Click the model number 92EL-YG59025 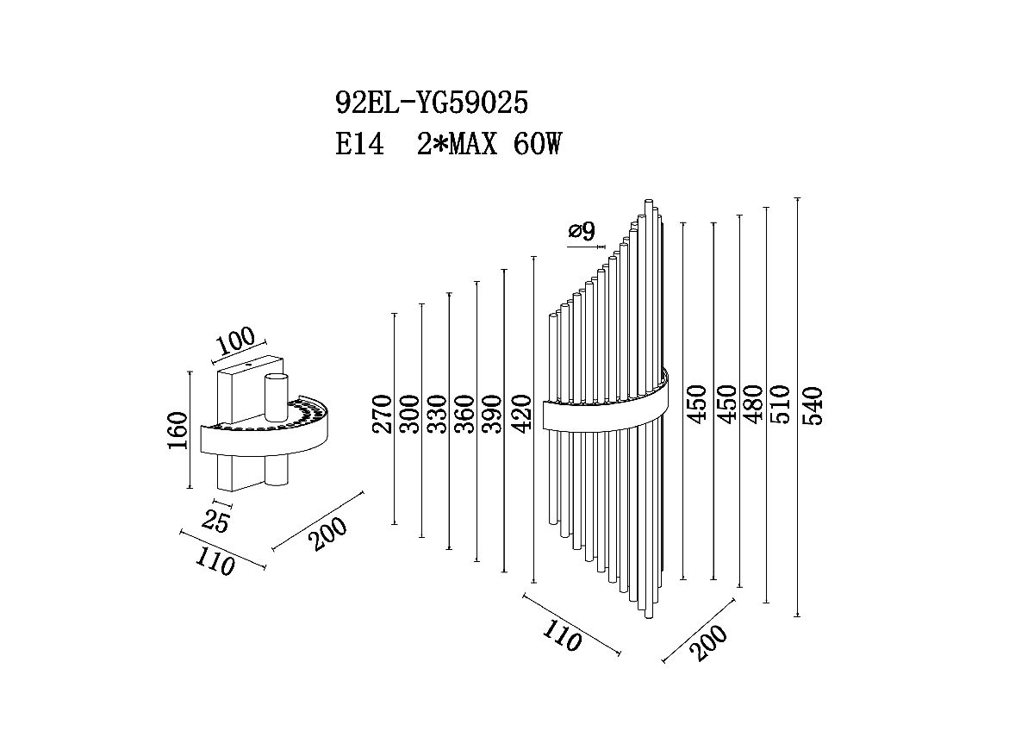[x=432, y=102]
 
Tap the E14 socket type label [x=359, y=144]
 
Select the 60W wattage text [x=538, y=144]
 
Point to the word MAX [x=474, y=144]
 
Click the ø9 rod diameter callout [x=582, y=231]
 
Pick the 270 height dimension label [x=383, y=415]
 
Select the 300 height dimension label [x=410, y=415]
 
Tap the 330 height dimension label [x=437, y=415]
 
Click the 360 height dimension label [x=464, y=415]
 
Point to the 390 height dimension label [x=492, y=415]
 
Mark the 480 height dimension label [x=751, y=404]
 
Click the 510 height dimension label [x=780, y=404]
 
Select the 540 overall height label [x=813, y=406]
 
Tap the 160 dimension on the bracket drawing [x=178, y=430]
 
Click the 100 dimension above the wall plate [x=235, y=341]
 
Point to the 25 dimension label [x=215, y=522]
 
